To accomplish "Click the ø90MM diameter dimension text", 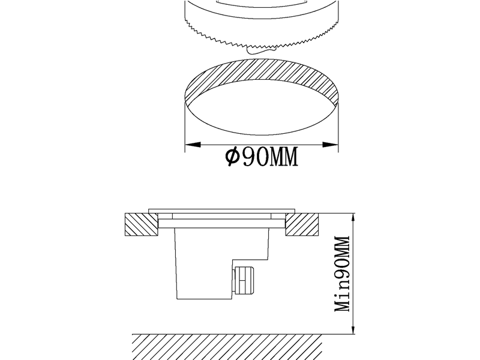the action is click(262, 157).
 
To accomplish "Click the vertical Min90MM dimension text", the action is click(342, 274).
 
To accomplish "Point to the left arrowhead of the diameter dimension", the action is click(193, 145).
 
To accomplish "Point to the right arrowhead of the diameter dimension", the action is click(331, 145).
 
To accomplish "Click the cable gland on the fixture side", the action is click(244, 280).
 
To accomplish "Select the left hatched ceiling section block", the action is click(142, 224).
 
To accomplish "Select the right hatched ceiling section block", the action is click(302, 224).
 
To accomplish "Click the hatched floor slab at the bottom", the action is click(227, 347).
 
